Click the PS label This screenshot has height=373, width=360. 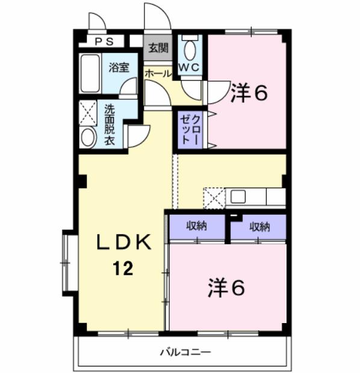(104, 42)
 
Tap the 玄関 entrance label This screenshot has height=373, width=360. (158, 48)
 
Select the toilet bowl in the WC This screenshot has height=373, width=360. (190, 50)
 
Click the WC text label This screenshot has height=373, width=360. (189, 67)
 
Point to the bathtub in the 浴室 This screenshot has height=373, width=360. (90, 73)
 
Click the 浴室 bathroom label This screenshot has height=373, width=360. (119, 67)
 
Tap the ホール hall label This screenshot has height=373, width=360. (158, 73)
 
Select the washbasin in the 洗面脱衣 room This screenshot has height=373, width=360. (88, 138)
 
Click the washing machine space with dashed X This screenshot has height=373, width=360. (88, 113)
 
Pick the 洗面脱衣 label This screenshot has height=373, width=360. (110, 125)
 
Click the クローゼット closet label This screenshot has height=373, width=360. (190, 129)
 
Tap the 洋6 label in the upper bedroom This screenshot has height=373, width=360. (249, 93)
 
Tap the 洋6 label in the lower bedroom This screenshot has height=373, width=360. (226, 288)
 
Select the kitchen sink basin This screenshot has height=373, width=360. (238, 197)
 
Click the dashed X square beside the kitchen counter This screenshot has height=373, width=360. (214, 199)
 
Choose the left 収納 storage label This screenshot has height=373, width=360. (196, 226)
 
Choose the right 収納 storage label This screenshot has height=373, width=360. (259, 226)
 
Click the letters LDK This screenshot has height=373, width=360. (124, 242)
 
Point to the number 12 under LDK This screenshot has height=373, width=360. (123, 268)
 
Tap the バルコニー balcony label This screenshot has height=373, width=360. (185, 352)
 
